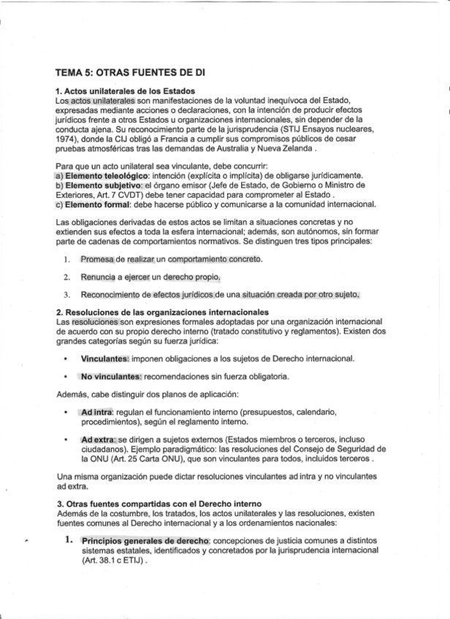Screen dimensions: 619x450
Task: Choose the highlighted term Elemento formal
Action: (x=94, y=205)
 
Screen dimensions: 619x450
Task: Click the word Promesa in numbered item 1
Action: (x=98, y=259)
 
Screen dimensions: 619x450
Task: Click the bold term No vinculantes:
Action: (x=110, y=377)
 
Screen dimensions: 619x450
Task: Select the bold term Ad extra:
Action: (x=99, y=439)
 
